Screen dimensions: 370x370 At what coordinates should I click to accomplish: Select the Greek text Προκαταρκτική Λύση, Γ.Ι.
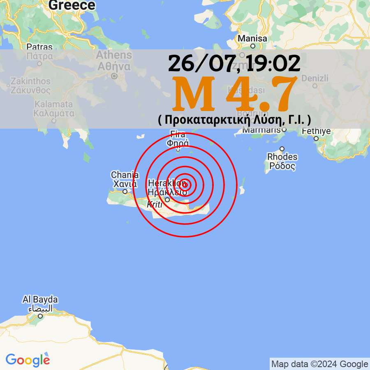pyautogui.click(x=234, y=120)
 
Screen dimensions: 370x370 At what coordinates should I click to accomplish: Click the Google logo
pyautogui.click(x=28, y=360)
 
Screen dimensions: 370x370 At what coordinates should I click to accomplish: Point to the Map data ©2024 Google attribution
pyautogui.click(x=319, y=364)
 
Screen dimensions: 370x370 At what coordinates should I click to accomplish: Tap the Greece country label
pyautogui.click(x=72, y=5)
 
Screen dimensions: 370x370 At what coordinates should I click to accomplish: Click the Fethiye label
pyautogui.click(x=316, y=132)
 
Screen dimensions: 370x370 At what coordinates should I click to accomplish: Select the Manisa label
pyautogui.click(x=253, y=39)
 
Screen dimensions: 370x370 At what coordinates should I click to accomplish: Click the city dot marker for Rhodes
pyautogui.click(x=282, y=149)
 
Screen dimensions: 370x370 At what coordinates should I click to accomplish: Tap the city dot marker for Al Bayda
pyautogui.click(x=40, y=316)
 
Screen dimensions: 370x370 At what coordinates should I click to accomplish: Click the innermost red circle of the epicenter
pyautogui.click(x=185, y=185)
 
